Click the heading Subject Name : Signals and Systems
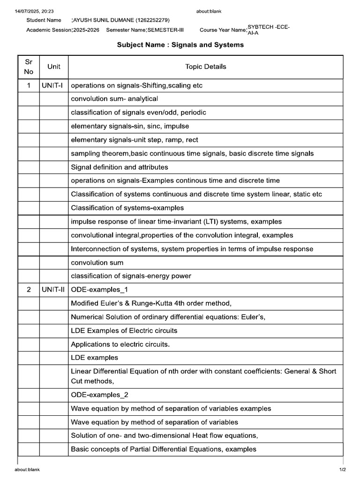180,45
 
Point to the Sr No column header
29,67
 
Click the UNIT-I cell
53,85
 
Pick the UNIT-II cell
53,290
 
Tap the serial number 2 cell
29,290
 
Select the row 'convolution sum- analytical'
114,99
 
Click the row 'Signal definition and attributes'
119,167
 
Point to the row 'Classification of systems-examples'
127,208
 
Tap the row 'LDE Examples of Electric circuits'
124,330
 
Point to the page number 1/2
343,470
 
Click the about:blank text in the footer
27,470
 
